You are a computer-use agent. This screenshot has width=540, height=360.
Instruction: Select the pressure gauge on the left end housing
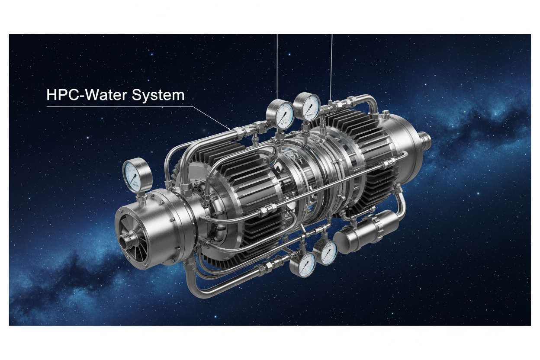[137, 176]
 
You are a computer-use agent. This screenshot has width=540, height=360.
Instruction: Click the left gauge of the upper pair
[280, 112]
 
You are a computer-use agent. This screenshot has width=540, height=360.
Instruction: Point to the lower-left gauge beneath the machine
[302, 264]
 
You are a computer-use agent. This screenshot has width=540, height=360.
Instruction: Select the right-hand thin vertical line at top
[331, 65]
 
